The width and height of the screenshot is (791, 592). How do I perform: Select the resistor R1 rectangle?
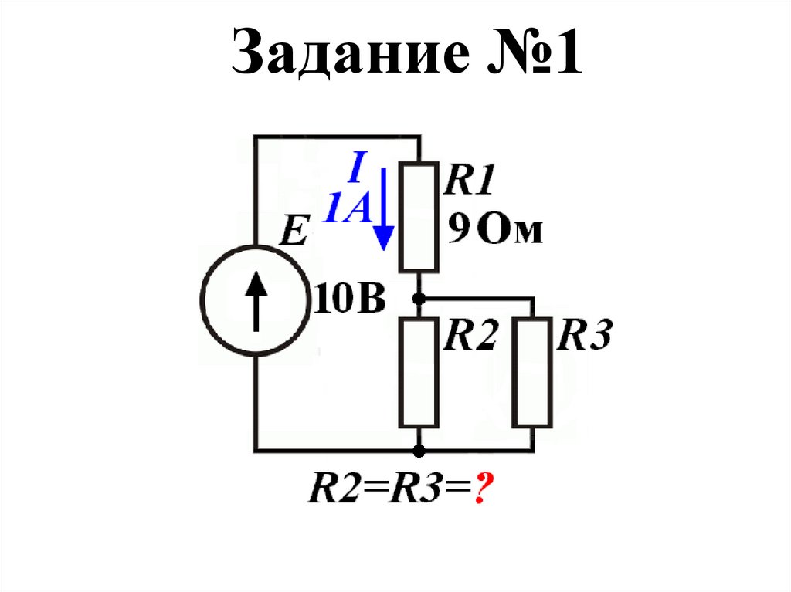419,216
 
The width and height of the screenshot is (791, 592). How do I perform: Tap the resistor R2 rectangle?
419,372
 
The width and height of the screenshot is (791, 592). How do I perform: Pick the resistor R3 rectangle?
532,372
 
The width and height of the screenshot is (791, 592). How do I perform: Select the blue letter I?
356,167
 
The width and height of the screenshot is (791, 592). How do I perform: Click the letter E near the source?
293,231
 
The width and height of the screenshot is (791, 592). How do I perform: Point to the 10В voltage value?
348,299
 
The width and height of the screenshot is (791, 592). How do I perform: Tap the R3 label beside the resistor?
585,337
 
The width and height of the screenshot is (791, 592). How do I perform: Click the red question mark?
485,489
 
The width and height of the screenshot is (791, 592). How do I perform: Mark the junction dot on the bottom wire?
419,450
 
